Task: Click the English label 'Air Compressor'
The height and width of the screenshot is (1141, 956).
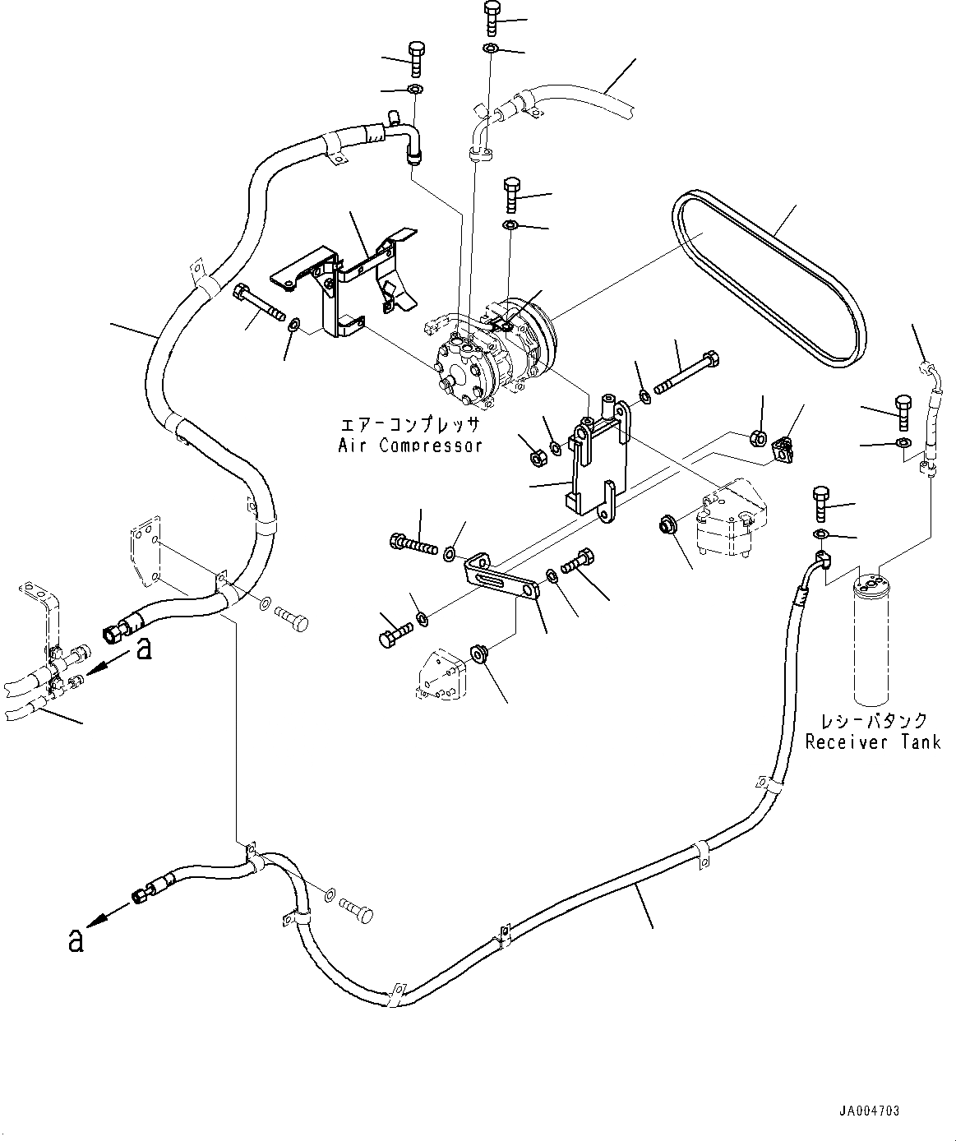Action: pos(410,446)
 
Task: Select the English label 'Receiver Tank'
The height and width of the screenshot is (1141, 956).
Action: pos(873,742)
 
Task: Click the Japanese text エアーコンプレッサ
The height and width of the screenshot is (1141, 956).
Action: pos(410,424)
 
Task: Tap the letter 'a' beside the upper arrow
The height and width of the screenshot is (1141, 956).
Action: pos(143,649)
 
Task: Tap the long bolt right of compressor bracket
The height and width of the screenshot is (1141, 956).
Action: pos(686,373)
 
